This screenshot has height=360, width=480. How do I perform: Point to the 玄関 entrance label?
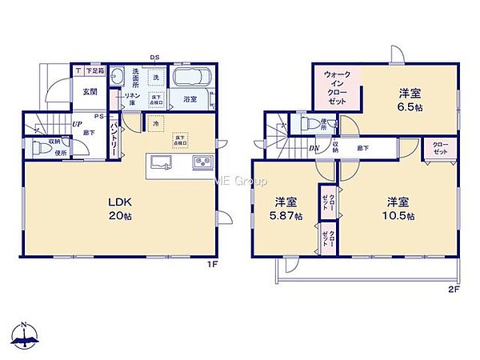[x=89, y=90]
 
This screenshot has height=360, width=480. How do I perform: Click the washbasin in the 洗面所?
[x=119, y=77]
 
